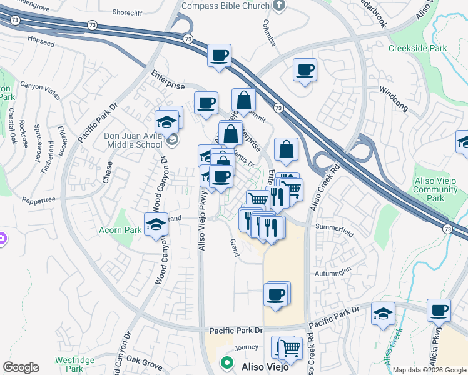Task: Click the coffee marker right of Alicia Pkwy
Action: tap(439, 310)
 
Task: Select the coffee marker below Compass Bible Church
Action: tap(220, 56)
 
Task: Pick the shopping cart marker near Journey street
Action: tap(289, 348)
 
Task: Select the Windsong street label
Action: tap(393, 91)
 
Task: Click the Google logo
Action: tap(21, 367)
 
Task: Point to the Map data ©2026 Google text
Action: tap(429, 370)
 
